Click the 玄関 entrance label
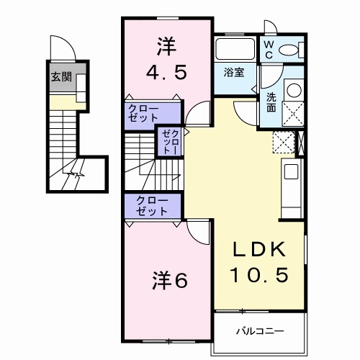61,77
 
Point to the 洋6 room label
169,280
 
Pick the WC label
267,49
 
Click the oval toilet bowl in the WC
290,49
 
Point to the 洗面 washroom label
272,102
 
